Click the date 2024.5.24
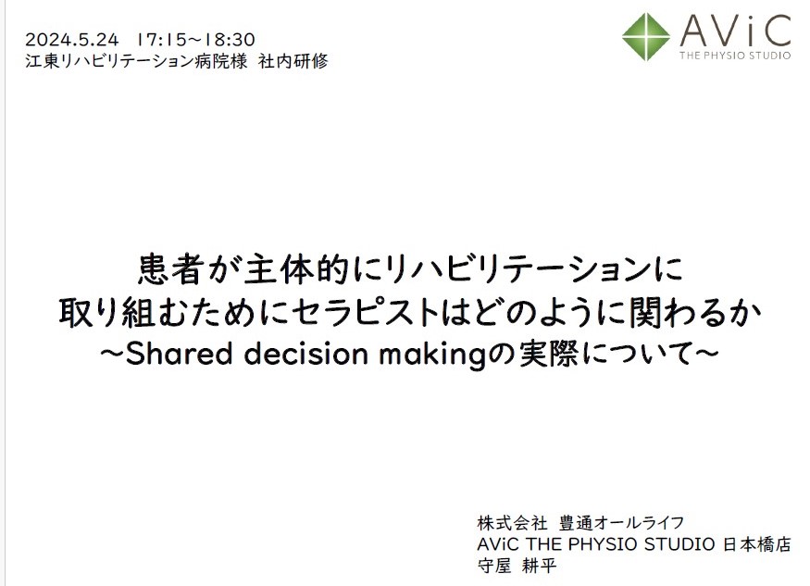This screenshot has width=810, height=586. (72, 39)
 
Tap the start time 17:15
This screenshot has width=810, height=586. (161, 39)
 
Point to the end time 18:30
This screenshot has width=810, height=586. (230, 39)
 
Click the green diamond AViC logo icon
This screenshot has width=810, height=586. (646, 37)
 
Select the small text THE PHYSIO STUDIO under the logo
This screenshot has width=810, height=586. (735, 56)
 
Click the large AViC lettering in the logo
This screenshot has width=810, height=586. (735, 31)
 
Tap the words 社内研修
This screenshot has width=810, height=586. (293, 61)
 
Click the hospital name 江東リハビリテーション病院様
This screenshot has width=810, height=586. (136, 61)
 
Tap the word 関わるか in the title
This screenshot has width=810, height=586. (696, 313)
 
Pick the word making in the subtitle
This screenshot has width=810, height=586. (432, 355)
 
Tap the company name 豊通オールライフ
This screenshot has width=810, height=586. (622, 523)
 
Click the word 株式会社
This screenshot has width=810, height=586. (512, 523)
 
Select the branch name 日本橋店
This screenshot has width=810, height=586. (757, 544)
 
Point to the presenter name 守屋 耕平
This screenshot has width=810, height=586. (517, 566)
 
